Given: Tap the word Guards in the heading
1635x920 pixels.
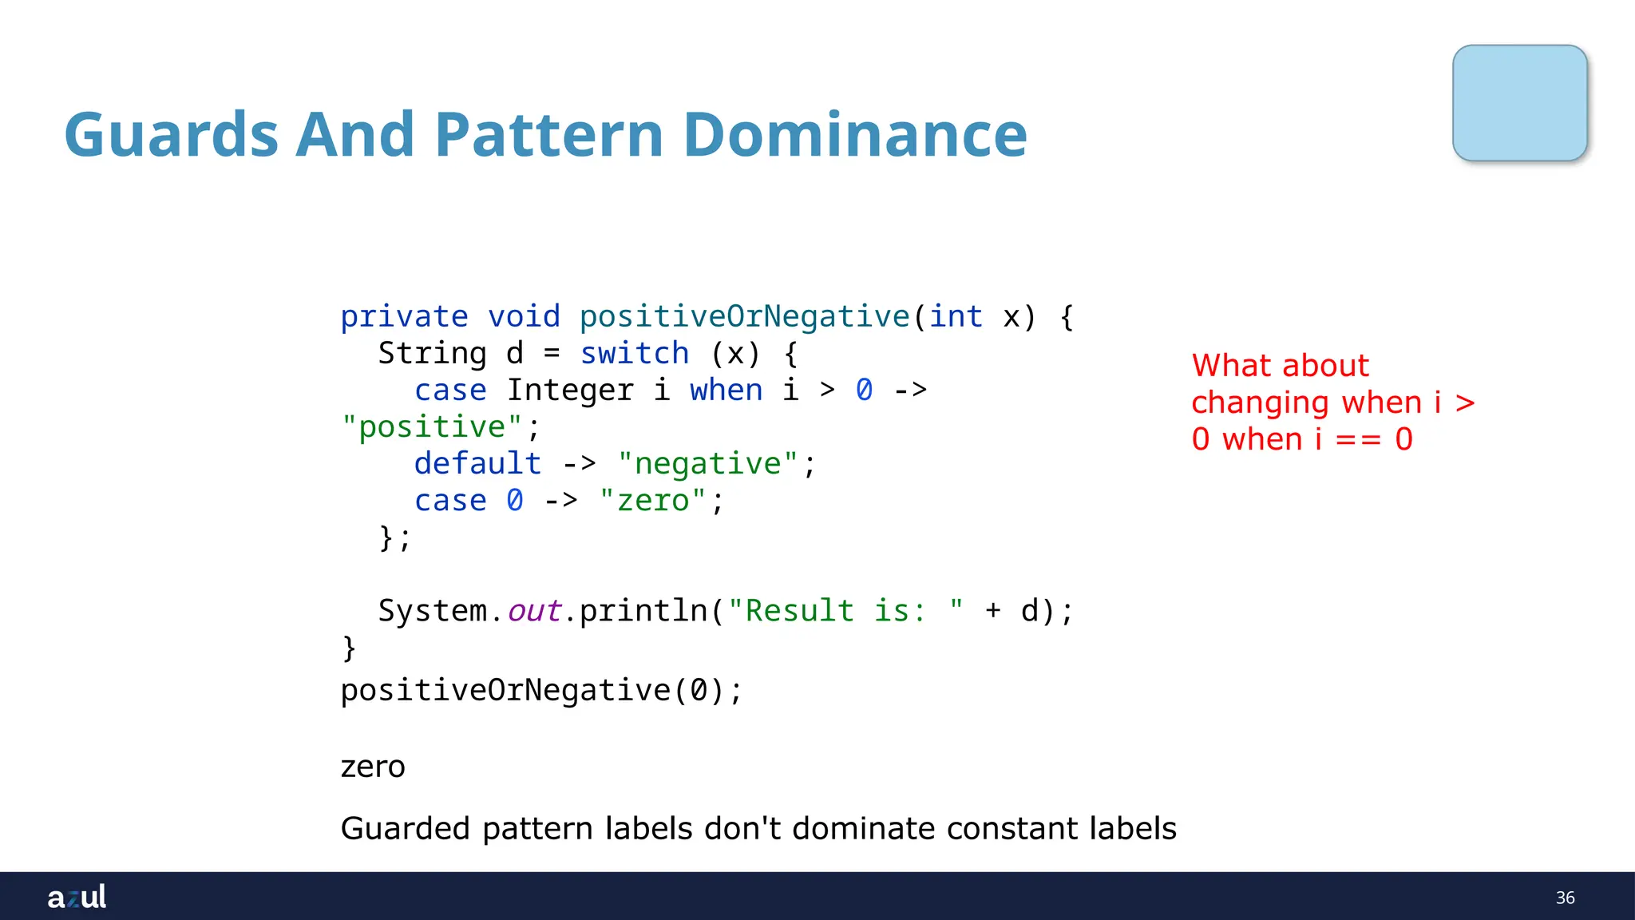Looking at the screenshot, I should pyautogui.click(x=171, y=134).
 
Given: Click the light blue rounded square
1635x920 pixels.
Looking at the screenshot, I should pyautogui.click(x=1519, y=103).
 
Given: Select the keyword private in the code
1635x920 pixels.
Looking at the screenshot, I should pyautogui.click(x=404, y=317).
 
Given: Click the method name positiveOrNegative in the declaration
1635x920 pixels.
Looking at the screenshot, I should pyautogui.click(x=744, y=317).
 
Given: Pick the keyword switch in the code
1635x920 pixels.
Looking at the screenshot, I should pyautogui.click(x=635, y=354).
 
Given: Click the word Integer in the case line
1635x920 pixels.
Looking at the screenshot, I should pyautogui.click(x=570, y=391).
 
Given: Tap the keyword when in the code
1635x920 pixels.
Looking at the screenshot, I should pyautogui.click(x=726, y=391).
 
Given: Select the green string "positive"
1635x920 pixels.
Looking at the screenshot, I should pyautogui.click(x=432, y=427).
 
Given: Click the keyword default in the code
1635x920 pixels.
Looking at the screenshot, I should pyautogui.click(x=477, y=464).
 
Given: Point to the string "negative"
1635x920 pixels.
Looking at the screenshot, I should pyautogui.click(x=707, y=464).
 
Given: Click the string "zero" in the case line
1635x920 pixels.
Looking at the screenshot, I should pyautogui.click(x=653, y=501).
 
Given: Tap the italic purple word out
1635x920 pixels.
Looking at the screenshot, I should pyautogui.click(x=534, y=611).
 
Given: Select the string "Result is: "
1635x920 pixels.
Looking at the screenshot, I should pyautogui.click(x=845, y=611).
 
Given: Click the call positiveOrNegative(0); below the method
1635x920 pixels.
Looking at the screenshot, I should pyautogui.click(x=541, y=690).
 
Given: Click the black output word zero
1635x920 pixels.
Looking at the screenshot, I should pyautogui.click(x=373, y=767).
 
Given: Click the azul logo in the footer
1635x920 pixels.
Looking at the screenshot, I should pyautogui.click(x=77, y=897).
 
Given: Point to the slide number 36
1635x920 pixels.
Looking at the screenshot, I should pyautogui.click(x=1565, y=898).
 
